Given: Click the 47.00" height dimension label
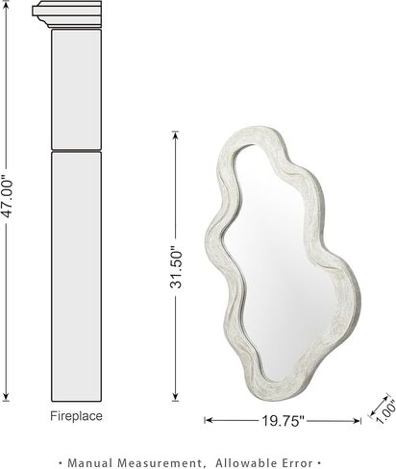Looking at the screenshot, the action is point(7,197).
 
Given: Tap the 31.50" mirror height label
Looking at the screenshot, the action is point(176,267).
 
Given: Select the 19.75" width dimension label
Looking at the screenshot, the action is point(283,421).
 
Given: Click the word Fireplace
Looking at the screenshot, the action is point(76,416).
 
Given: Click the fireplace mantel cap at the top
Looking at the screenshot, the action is point(67,14).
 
